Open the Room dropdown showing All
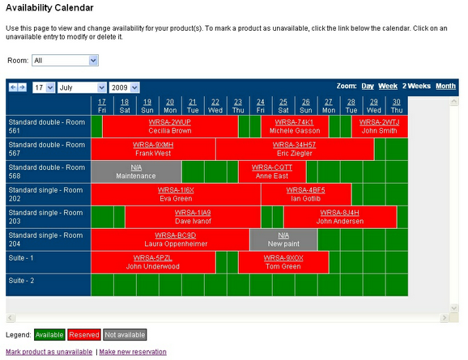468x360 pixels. click(65, 60)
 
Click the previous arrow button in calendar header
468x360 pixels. click(12, 87)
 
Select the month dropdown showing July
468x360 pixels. click(81, 87)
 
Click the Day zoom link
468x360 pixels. click(368, 86)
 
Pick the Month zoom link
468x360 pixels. click(445, 86)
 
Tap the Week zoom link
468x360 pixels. click(388, 86)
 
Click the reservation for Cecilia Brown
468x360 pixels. click(169, 126)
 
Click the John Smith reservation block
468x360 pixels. click(379, 126)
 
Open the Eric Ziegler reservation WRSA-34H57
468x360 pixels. click(295, 149)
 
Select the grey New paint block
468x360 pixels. click(283, 239)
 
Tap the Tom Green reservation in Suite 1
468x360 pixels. click(283, 262)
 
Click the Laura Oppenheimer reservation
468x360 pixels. click(169, 239)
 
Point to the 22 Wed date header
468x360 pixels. click(215, 105)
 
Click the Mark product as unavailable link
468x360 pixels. click(49, 352)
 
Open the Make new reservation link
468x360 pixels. click(133, 352)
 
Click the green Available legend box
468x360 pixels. click(49, 335)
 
